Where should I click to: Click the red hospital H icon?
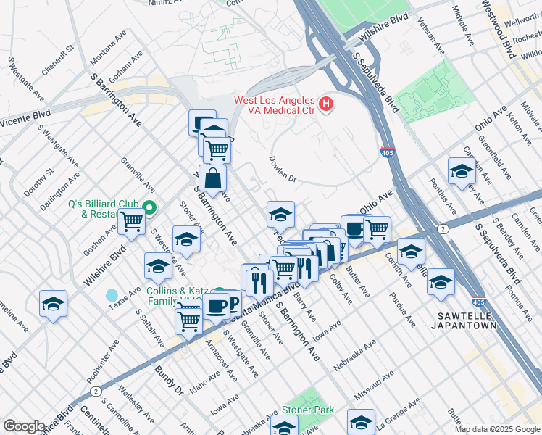326,105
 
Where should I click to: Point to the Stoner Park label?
308,410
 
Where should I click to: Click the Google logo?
24,426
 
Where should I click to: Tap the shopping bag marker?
214,178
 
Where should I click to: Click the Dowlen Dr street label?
283,167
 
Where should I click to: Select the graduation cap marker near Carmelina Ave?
53,304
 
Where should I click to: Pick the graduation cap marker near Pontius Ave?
461,171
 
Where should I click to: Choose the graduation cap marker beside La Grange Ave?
361,421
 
